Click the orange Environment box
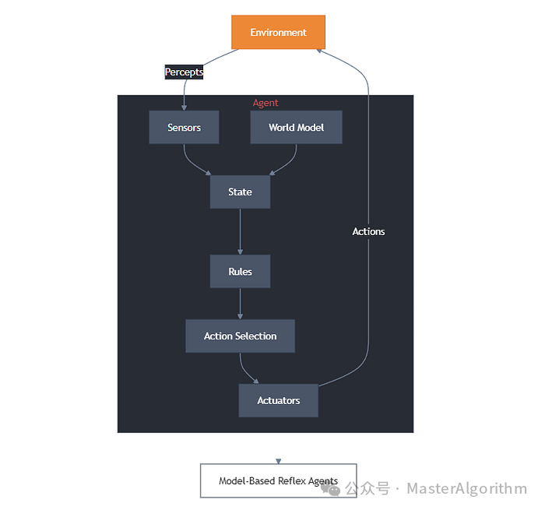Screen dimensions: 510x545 click(278, 32)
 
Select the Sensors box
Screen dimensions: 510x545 click(184, 127)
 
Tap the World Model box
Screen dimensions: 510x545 click(296, 127)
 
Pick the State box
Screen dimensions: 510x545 click(240, 192)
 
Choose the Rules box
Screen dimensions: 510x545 click(240, 272)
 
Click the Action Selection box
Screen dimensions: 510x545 click(240, 336)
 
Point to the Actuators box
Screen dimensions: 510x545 click(278, 400)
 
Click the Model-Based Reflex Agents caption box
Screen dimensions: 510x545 click(278, 480)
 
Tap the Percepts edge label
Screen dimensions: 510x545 click(184, 72)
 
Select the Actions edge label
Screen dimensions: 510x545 click(368, 231)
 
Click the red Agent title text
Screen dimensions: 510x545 click(265, 103)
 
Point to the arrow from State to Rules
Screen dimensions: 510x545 click(240, 230)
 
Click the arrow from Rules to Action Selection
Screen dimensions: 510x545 click(240, 303)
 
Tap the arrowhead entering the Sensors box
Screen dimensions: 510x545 click(185, 107)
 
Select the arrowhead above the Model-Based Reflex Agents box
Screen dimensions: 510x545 click(278, 461)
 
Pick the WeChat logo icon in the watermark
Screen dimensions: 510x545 click(332, 489)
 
